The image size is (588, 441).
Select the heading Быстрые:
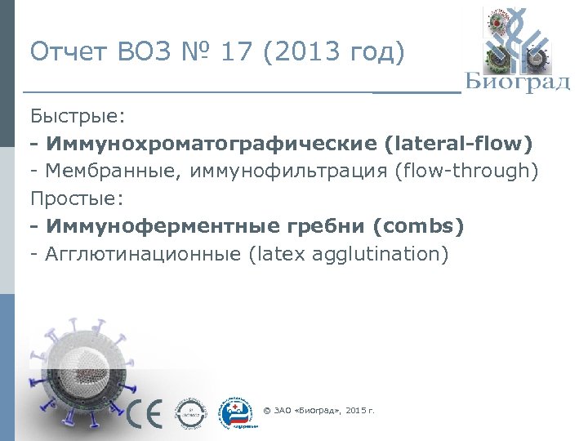pos(77,116)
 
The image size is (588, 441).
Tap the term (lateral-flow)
pos(457,144)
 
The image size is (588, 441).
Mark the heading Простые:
pos(76,199)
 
